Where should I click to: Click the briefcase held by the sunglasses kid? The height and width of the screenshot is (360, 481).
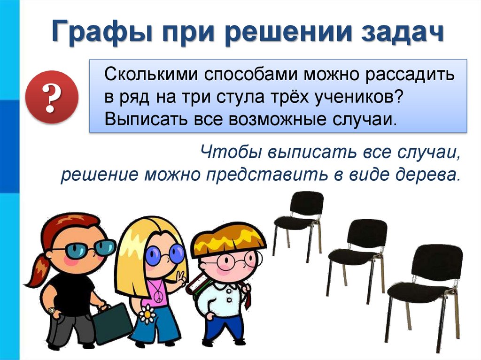pyautogui.click(x=113, y=324)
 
